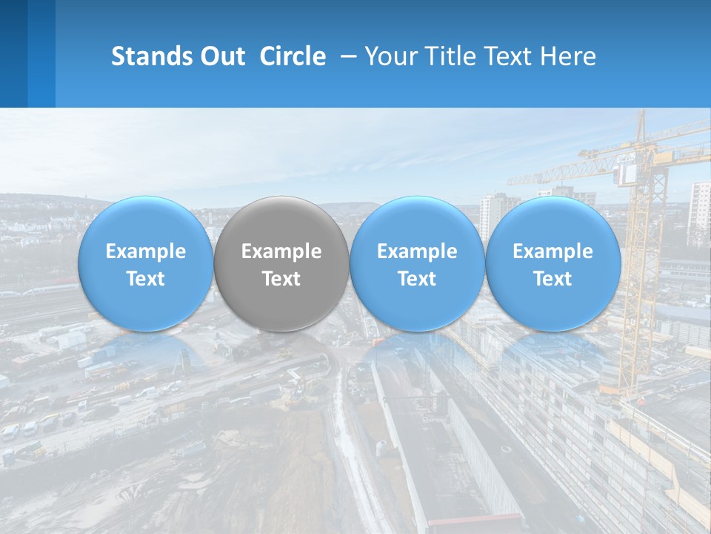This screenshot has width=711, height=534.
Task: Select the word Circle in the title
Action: pyautogui.click(x=292, y=56)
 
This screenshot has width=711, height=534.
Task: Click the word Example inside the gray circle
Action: pyautogui.click(x=281, y=251)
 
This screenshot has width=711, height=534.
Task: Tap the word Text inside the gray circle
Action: pyautogui.click(x=281, y=279)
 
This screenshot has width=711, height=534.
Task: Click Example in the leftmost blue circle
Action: pyautogui.click(x=145, y=251)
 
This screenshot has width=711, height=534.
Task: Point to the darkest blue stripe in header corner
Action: pyautogui.click(x=13, y=53)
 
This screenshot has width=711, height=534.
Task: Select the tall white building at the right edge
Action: pyautogui.click(x=698, y=211)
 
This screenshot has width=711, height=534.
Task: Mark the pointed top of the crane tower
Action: pyautogui.click(x=642, y=115)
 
